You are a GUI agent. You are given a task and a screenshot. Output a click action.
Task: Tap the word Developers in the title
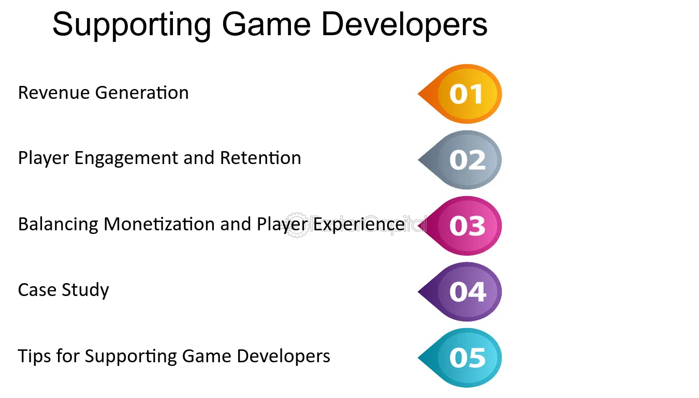[404, 24]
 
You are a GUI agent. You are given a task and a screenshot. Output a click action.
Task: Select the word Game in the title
[266, 24]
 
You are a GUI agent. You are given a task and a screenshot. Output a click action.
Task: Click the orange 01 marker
[460, 94]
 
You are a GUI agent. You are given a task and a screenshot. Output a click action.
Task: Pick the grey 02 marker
[460, 160]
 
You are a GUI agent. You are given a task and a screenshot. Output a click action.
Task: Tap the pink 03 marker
[460, 226]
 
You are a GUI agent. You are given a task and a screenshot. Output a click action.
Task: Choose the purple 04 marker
[460, 292]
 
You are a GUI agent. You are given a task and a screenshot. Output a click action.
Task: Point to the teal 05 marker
[460, 358]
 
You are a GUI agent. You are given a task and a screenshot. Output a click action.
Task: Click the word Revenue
[54, 93]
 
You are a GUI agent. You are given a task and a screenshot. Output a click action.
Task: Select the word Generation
[142, 93]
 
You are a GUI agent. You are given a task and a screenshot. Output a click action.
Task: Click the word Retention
[260, 158]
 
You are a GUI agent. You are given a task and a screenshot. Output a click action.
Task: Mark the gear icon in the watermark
[297, 225]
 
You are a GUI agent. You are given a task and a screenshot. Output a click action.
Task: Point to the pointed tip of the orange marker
[418, 94]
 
